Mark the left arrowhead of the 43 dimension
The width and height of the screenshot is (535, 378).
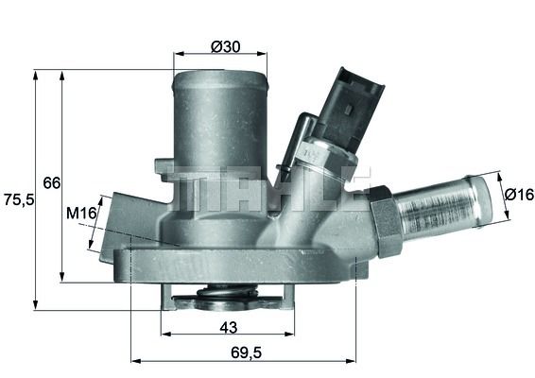click(x=165, y=335)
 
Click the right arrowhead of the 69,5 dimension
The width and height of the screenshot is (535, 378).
click(x=354, y=360)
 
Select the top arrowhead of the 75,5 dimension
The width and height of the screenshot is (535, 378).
click(x=36, y=73)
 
